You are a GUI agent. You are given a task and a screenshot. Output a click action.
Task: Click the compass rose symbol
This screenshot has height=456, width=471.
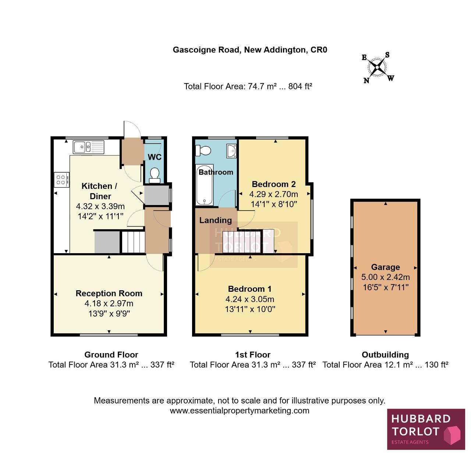click(x=377, y=67)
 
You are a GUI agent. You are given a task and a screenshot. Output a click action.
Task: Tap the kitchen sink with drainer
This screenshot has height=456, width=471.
click(x=88, y=147)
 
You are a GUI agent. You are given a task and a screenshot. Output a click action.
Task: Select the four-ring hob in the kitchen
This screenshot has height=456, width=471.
click(x=61, y=180)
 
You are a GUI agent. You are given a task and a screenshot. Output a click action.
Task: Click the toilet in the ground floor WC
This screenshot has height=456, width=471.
click(x=155, y=176)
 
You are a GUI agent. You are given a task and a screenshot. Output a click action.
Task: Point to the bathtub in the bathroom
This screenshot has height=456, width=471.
click(x=205, y=185)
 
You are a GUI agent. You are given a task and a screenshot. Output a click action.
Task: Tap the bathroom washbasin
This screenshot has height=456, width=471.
click(x=231, y=151)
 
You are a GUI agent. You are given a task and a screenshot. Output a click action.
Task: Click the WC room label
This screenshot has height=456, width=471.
click(x=155, y=157)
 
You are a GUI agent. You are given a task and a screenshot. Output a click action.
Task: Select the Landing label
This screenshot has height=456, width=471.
click(x=215, y=220)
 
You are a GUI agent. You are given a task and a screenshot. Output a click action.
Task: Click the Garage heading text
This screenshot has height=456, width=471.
click(x=385, y=267)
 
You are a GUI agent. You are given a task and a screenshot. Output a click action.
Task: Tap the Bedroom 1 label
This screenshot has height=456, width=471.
click(x=250, y=289)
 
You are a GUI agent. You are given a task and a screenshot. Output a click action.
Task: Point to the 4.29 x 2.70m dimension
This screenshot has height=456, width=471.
click(x=273, y=194)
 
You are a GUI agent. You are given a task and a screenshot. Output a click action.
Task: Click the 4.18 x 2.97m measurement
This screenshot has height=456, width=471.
click(x=109, y=303)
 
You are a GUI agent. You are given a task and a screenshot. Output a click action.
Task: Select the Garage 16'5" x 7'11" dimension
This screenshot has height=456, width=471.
click(x=386, y=287)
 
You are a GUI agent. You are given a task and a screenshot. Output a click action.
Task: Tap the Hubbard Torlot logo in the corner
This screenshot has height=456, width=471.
click(x=426, y=429)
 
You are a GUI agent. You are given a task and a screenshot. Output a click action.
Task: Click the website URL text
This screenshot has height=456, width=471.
click(x=240, y=410)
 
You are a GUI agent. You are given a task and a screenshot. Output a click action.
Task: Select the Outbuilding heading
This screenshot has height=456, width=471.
click(x=385, y=355)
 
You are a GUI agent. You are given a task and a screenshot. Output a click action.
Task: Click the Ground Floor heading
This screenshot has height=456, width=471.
click(x=111, y=355)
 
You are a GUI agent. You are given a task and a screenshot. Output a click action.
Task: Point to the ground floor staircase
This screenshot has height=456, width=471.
click(x=133, y=242)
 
